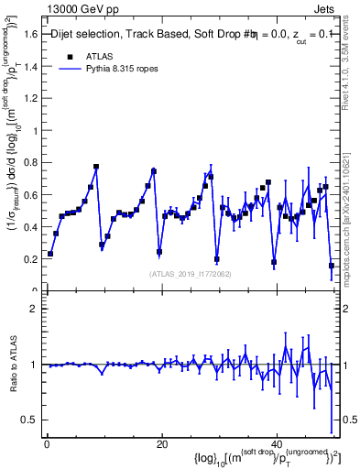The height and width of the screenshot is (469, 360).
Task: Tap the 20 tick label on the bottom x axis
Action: pos(162,444)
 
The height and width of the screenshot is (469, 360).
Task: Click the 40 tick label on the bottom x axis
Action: pos(278,444)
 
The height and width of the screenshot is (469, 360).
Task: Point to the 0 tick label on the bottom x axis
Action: pos(47,444)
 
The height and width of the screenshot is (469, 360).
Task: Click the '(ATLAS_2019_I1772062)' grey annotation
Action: pos(191,273)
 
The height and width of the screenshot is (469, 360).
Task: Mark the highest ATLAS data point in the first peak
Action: pos(96,167)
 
